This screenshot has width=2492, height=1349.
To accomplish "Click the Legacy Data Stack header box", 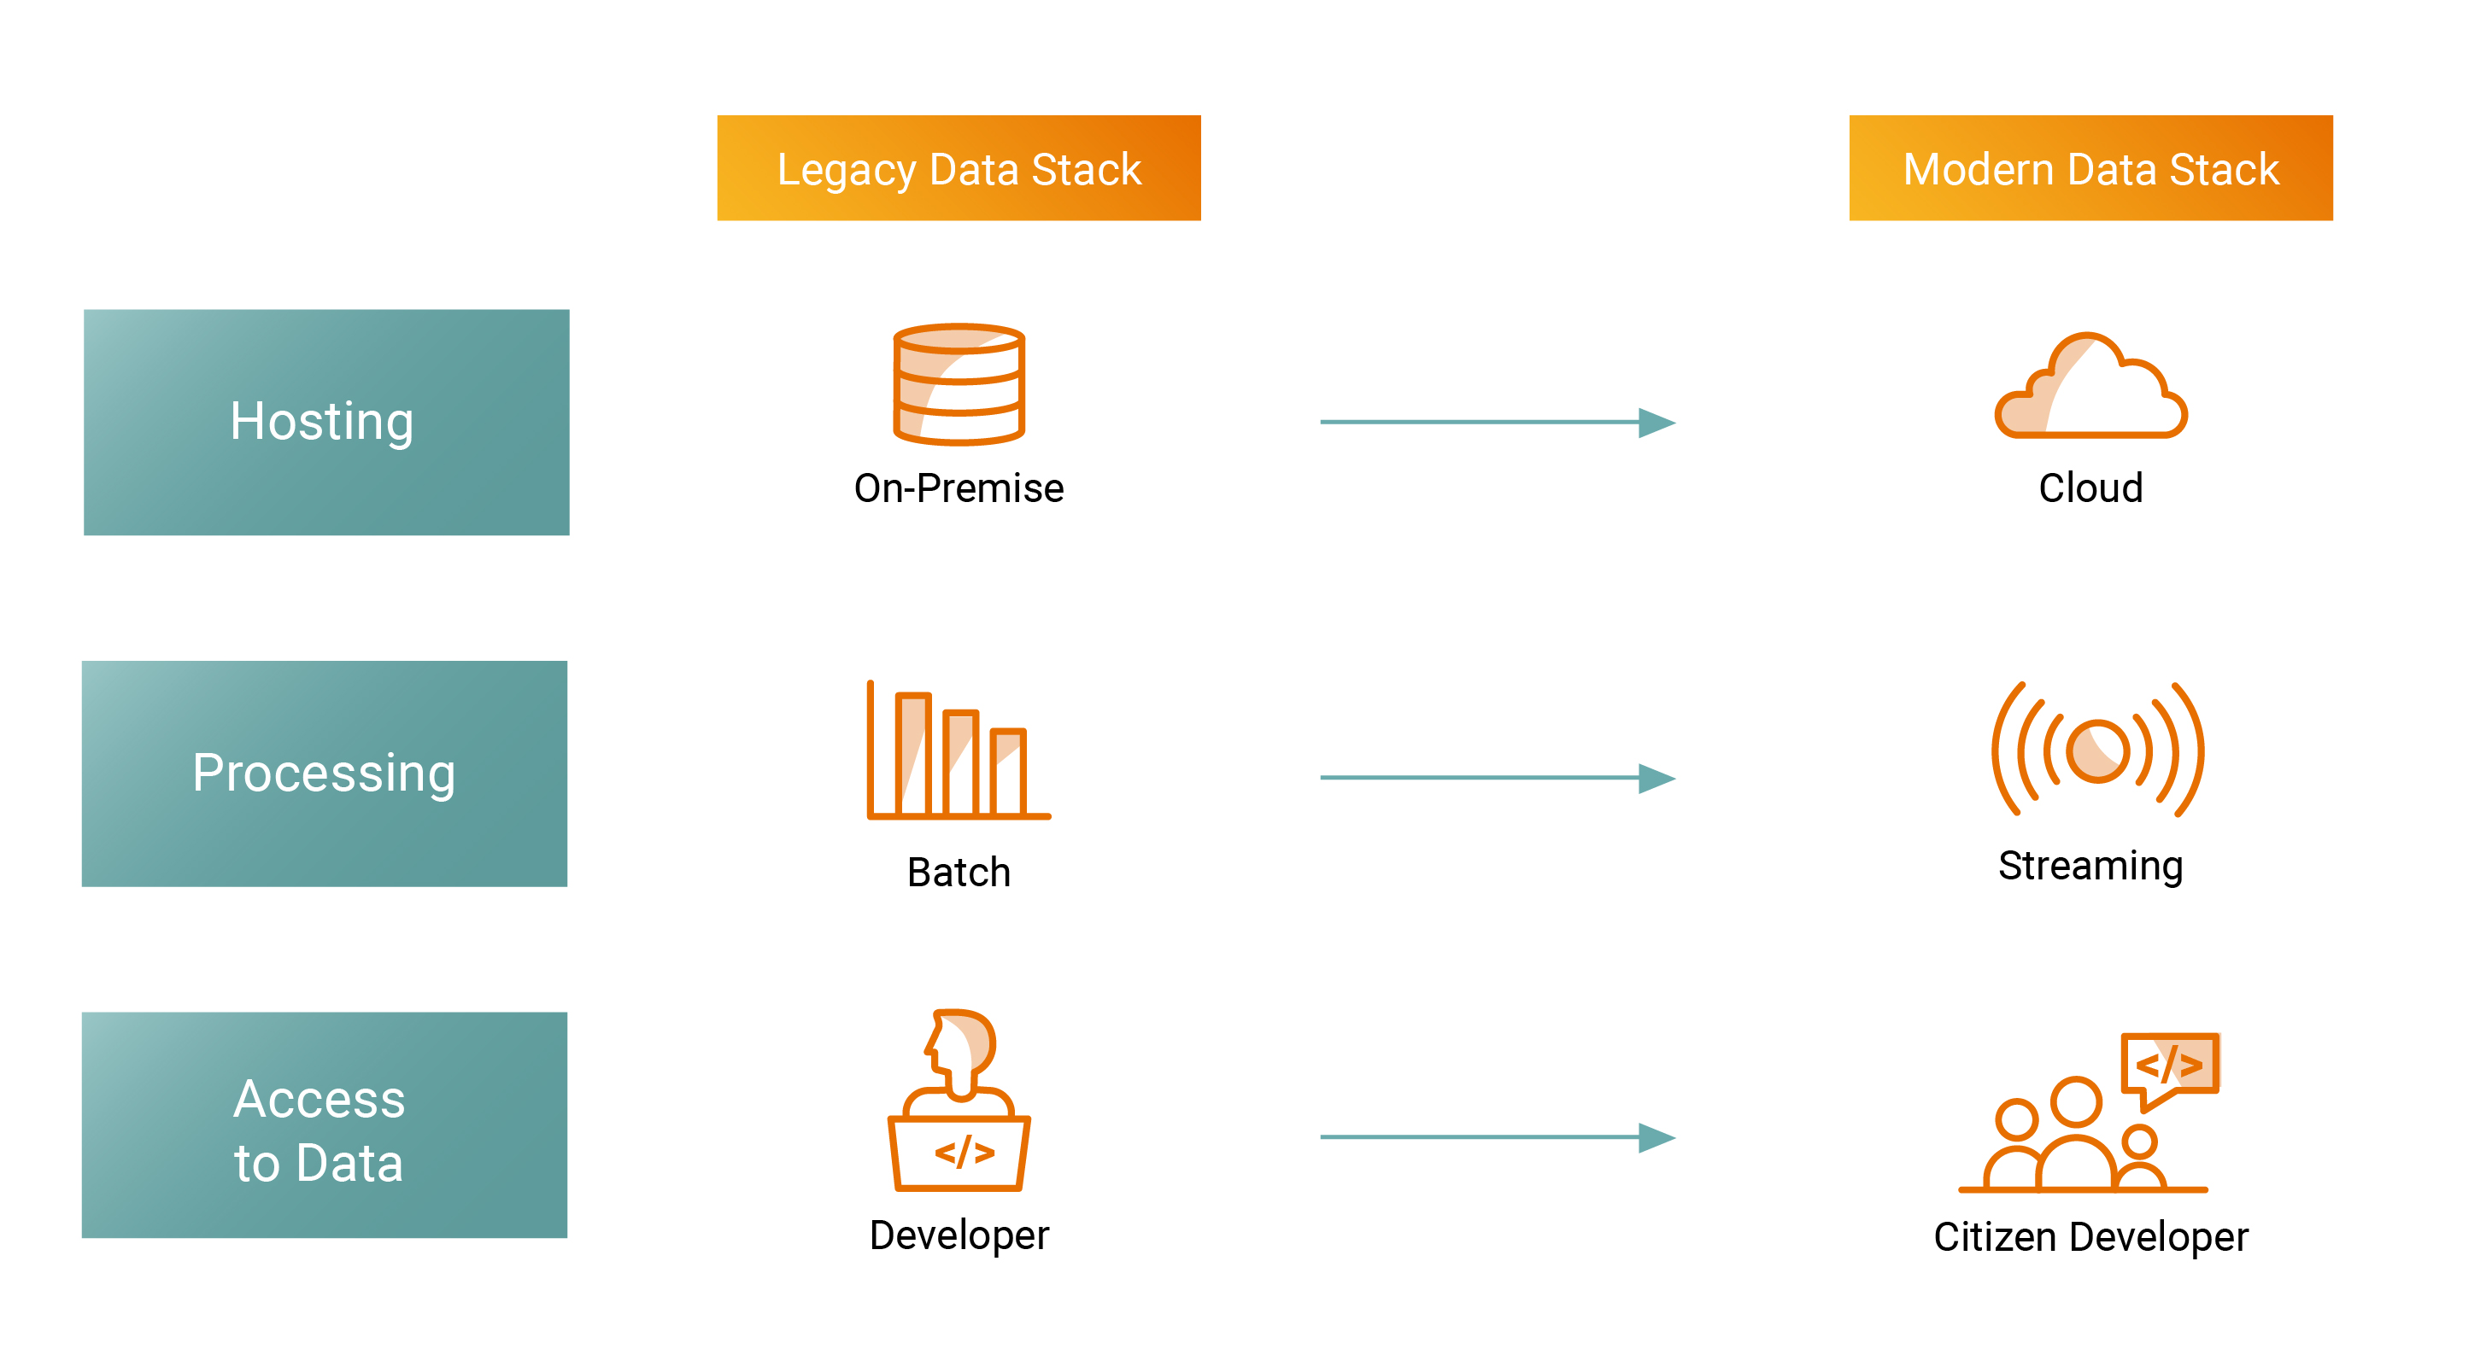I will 958,168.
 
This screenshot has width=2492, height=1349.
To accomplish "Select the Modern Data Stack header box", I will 2090,168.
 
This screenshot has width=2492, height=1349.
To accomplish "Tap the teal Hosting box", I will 326,422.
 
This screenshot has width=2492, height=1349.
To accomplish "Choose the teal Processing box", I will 324,773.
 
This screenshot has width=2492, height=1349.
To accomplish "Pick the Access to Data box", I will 324,1124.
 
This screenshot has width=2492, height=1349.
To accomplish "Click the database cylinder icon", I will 958,384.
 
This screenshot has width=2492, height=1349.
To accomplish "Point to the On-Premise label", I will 958,488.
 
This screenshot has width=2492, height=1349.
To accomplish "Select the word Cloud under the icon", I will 2090,488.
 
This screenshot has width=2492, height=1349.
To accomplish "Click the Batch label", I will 958,873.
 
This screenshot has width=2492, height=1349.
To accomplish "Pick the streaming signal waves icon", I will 2096,750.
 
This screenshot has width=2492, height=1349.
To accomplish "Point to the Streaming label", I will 2090,866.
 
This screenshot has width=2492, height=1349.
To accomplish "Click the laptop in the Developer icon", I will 959,1153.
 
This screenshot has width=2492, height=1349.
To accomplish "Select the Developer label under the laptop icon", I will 958,1235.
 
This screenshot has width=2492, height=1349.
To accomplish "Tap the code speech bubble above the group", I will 2169,1066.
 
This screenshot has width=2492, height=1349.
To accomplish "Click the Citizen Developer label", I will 2090,1237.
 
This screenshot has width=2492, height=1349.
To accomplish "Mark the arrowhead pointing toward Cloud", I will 1656,423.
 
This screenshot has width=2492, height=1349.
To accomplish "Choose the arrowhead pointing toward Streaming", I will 1656,778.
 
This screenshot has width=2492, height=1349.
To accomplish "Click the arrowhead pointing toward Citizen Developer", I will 1656,1137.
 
